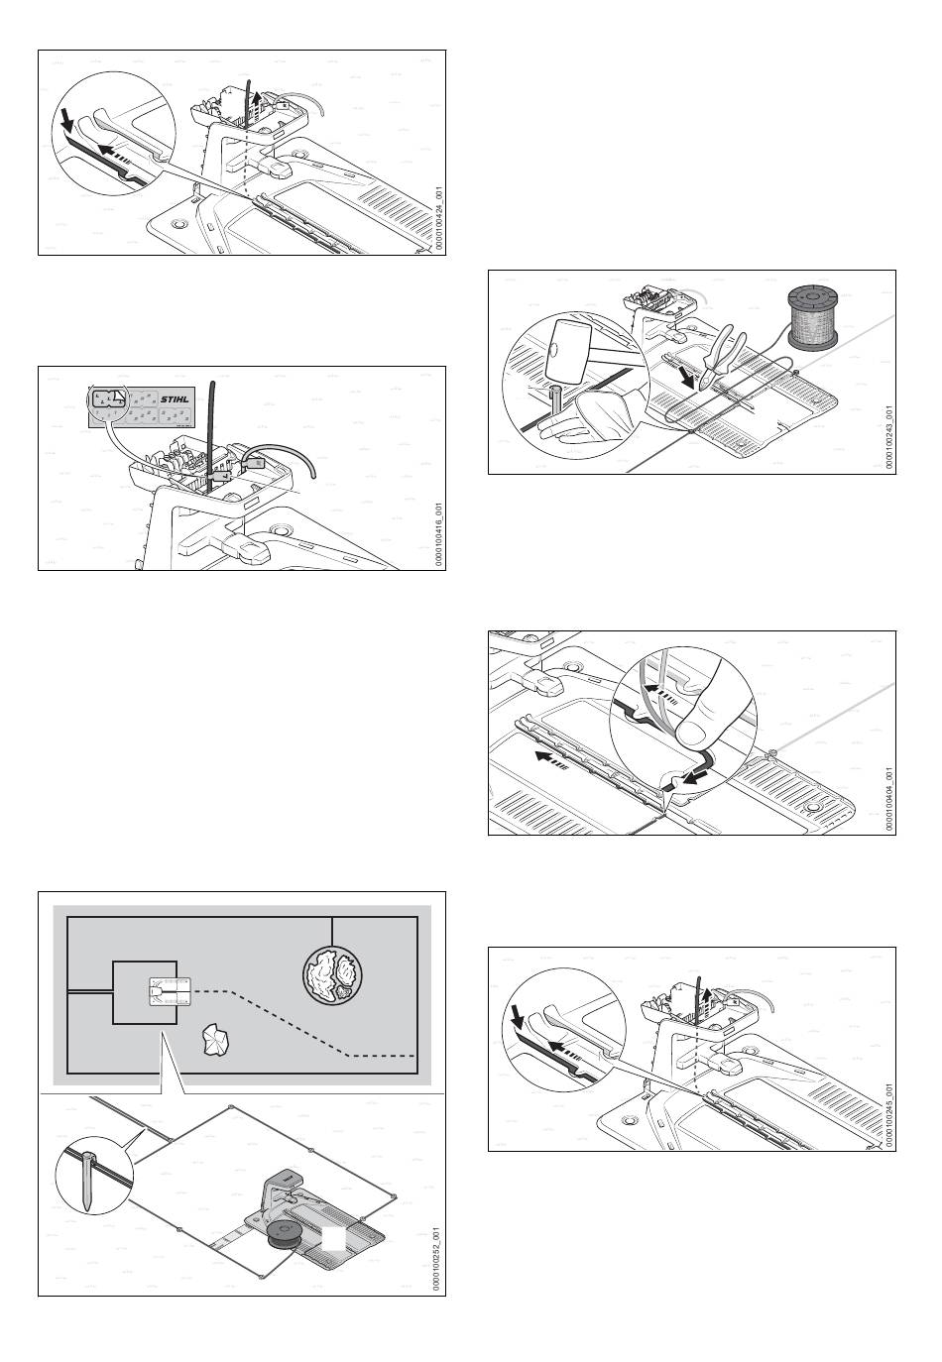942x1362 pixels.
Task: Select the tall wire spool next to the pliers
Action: (x=814, y=316)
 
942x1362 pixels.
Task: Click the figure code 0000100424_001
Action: (x=437, y=224)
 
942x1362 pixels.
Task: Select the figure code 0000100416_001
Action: (x=437, y=535)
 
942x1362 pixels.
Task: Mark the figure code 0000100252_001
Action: (x=437, y=1259)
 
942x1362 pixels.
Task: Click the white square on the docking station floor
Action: (x=335, y=1239)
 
